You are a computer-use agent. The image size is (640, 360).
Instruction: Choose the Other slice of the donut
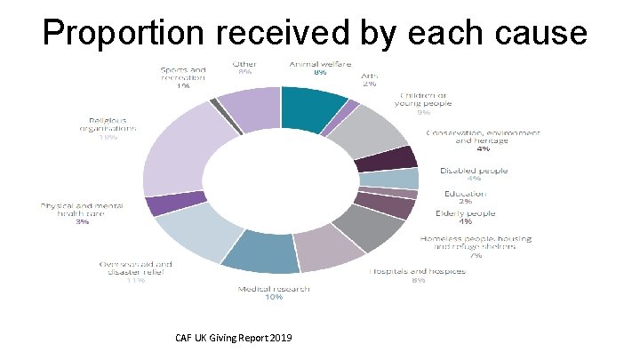(x=250, y=108)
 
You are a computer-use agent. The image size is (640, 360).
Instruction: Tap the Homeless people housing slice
(x=373, y=226)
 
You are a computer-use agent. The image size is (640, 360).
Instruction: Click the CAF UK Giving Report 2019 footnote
(x=233, y=339)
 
